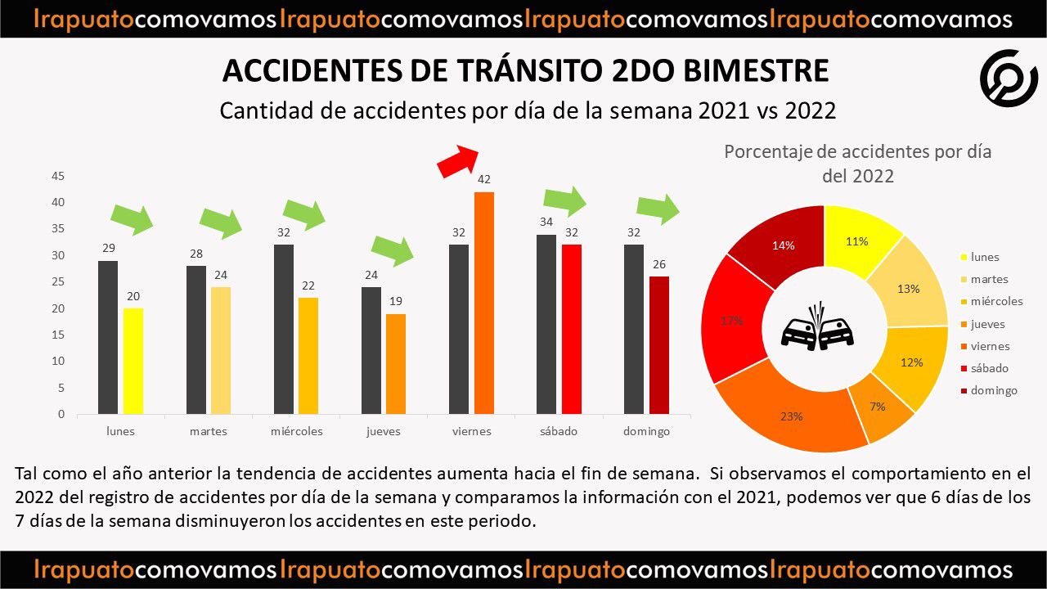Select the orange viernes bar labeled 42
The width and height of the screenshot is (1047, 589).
click(x=484, y=303)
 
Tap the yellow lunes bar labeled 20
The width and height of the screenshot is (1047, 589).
click(x=133, y=361)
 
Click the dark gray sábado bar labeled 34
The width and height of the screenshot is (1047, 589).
click(x=546, y=324)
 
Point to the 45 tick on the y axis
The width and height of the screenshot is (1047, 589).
click(x=58, y=176)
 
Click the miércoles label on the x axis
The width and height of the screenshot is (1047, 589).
click(x=296, y=431)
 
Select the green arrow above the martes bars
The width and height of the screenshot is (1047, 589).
click(x=221, y=221)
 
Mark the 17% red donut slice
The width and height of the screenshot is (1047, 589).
click(x=733, y=319)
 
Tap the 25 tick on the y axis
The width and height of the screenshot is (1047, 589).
click(x=58, y=282)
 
